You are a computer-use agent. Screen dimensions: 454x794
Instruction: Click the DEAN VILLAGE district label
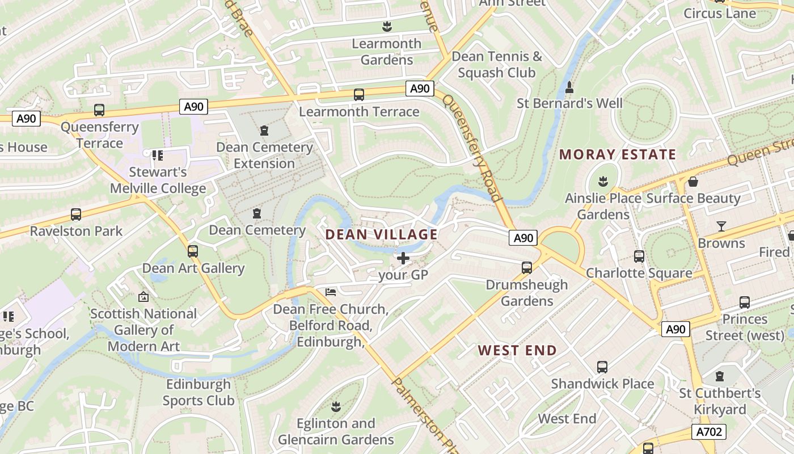pyautogui.click(x=381, y=234)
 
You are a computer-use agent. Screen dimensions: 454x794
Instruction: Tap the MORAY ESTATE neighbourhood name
pyautogui.click(x=618, y=154)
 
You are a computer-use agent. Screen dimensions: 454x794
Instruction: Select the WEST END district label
pyautogui.click(x=517, y=350)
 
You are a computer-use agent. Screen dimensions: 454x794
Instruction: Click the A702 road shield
pyautogui.click(x=709, y=432)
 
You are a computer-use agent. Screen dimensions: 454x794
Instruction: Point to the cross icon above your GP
pyautogui.click(x=403, y=259)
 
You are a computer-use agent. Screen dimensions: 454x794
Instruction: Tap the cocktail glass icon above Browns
pyautogui.click(x=721, y=226)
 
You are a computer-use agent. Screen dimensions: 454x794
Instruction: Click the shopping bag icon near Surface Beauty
pyautogui.click(x=692, y=182)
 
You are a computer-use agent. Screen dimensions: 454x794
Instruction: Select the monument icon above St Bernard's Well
pyautogui.click(x=569, y=87)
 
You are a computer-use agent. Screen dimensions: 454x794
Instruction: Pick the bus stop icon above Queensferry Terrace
pyautogui.click(x=99, y=110)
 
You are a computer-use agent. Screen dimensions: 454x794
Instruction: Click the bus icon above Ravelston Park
pyautogui.click(x=76, y=215)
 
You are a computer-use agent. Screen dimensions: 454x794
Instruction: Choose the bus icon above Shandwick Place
pyautogui.click(x=602, y=367)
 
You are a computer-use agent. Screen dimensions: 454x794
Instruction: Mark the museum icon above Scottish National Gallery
pyautogui.click(x=143, y=297)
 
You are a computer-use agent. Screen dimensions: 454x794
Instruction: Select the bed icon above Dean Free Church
pyautogui.click(x=331, y=292)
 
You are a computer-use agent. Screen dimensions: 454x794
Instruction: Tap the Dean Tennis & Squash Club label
pyautogui.click(x=497, y=65)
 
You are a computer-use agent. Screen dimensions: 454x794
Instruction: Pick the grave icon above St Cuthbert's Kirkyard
pyautogui.click(x=720, y=376)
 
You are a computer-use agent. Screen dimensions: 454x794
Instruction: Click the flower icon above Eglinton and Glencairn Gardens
pyautogui.click(x=336, y=406)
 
